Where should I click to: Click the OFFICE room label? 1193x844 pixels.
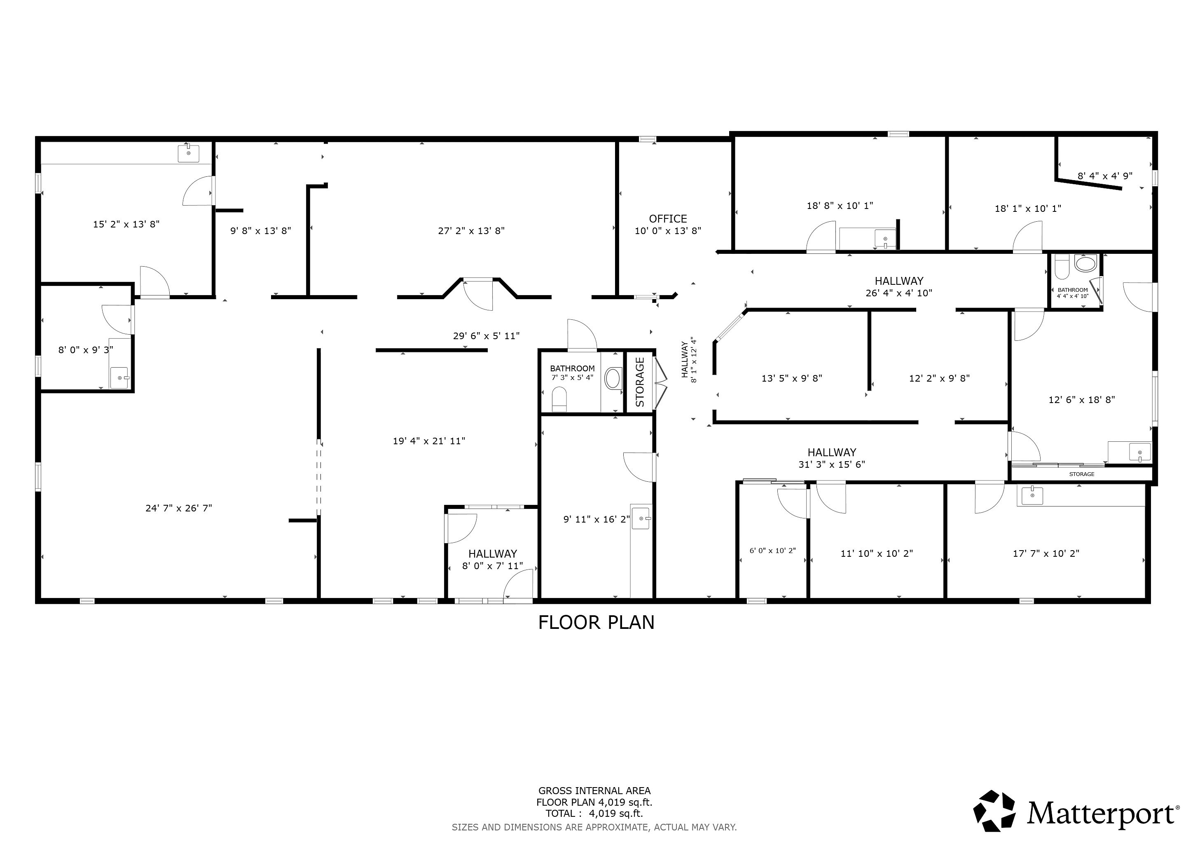coord(668,219)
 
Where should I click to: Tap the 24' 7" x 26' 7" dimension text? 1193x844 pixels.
coord(179,508)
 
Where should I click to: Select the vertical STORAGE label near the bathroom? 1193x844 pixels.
coord(640,382)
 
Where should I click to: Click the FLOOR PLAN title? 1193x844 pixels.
coord(596,623)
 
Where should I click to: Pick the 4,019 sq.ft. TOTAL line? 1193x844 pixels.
coord(594,814)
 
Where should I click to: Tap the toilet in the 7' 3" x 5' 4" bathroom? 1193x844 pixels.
coord(559,399)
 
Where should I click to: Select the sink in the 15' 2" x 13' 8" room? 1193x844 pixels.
coord(189,153)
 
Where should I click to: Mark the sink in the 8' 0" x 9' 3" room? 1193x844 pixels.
coord(119,377)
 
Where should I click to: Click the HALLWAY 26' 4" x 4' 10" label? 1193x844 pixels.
coord(899,287)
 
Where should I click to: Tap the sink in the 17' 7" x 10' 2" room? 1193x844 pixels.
coord(1032,495)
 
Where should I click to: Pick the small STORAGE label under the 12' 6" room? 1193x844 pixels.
coord(1082,474)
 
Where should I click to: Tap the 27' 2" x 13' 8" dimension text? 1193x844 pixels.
coord(471,231)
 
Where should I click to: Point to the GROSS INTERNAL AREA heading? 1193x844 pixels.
coord(594,791)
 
